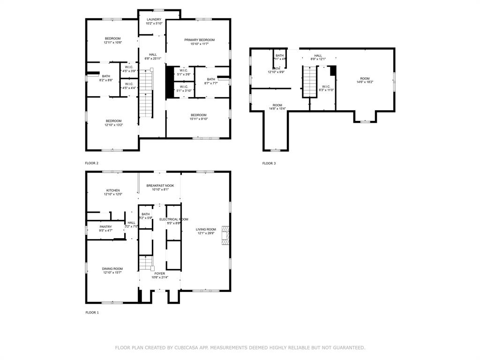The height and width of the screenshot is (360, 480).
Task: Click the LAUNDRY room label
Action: (x=154, y=20)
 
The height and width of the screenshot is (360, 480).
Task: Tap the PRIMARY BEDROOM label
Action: (x=199, y=40)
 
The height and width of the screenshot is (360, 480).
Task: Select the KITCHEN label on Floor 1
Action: (x=112, y=190)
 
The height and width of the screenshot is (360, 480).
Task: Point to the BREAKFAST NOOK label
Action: (x=160, y=186)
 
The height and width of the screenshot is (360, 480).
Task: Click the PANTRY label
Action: (x=105, y=226)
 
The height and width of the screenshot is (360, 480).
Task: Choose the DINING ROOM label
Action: (x=112, y=269)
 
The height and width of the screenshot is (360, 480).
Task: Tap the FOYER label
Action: (x=159, y=273)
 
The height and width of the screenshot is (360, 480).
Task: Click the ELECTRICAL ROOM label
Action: (x=173, y=219)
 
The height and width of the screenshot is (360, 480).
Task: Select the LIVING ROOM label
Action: (x=205, y=229)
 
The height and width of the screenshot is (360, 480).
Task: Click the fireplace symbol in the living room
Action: (x=226, y=235)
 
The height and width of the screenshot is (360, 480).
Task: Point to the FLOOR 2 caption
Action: (x=91, y=163)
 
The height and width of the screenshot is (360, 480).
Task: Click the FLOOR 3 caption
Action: (x=269, y=163)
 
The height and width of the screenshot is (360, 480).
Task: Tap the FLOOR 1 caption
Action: (x=92, y=312)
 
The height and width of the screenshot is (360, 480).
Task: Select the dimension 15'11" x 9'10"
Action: (x=198, y=119)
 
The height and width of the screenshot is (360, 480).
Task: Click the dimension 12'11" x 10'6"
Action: (x=112, y=43)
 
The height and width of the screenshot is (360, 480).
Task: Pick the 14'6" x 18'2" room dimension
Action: (x=365, y=82)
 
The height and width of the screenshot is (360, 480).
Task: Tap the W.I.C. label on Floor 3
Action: (x=326, y=86)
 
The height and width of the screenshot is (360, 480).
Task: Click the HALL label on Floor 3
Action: (x=318, y=55)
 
